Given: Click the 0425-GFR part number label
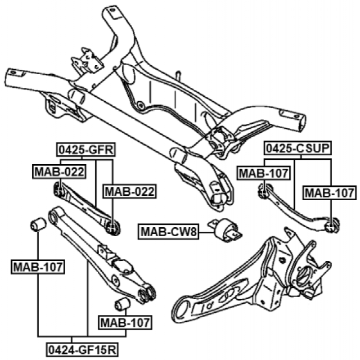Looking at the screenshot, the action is tap(86, 150).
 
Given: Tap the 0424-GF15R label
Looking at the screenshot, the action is tap(82, 350).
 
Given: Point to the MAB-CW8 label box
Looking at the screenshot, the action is tap(168, 232).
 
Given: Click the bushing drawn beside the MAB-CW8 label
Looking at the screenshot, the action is tap(226, 230).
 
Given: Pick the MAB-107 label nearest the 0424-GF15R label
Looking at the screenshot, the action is tap(125, 323).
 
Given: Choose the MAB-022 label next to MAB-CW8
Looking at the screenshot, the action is tap(130, 191).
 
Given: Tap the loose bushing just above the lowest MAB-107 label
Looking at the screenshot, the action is tap(122, 304).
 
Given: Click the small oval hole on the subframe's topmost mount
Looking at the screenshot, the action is tap(112, 10).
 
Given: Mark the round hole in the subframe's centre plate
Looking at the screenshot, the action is tap(141, 106).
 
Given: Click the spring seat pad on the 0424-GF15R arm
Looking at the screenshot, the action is tap(123, 266).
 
